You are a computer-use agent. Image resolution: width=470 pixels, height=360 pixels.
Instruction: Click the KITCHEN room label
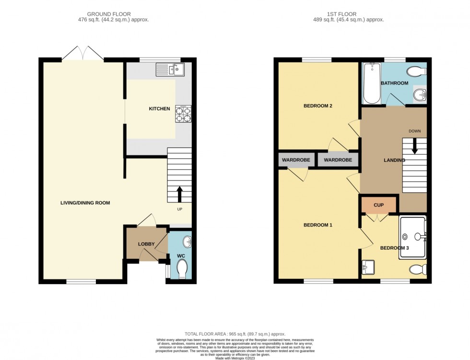point(159,109)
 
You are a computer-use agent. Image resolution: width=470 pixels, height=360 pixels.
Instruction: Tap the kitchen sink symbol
point(170,70)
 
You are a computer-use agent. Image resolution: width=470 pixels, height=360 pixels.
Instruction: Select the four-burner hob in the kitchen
point(183,113)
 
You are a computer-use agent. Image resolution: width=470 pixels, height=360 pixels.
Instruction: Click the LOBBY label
point(146,244)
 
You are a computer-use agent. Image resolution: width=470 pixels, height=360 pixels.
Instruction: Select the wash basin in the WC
point(187,241)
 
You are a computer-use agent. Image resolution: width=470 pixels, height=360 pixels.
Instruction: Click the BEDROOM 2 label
point(318,106)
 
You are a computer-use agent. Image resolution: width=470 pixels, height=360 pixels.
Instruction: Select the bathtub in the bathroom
point(371,83)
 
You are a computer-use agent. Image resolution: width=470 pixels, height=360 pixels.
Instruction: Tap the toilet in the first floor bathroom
point(415,72)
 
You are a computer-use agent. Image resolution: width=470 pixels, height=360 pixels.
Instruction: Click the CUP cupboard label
point(378,205)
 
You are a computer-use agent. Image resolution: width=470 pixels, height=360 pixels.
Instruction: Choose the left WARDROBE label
point(295,160)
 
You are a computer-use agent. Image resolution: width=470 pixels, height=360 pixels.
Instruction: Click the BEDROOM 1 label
point(318,225)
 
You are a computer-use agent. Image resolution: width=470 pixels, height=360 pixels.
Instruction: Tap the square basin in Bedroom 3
point(368,266)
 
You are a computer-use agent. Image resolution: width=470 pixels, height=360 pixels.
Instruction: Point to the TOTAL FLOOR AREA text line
point(235,334)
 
